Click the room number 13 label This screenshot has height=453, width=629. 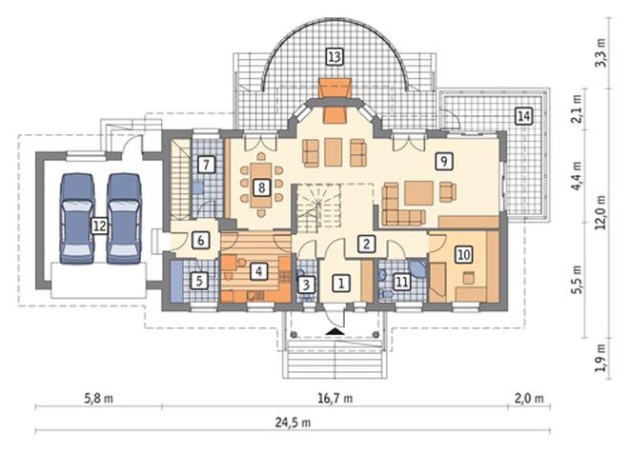pyautogui.click(x=335, y=56)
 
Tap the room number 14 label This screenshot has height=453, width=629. pyautogui.click(x=524, y=116)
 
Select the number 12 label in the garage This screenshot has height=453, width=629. pyautogui.click(x=99, y=226)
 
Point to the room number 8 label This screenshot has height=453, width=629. pyautogui.click(x=261, y=187)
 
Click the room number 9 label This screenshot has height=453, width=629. pyautogui.click(x=444, y=161)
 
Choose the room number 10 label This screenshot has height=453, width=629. pyautogui.click(x=464, y=254)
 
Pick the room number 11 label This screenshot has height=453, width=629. pyautogui.click(x=402, y=282)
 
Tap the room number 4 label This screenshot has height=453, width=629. pyautogui.click(x=258, y=272)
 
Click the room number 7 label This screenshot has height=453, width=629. pyautogui.click(x=206, y=165)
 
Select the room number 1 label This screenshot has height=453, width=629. pyautogui.click(x=341, y=284)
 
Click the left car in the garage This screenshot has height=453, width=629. pyautogui.click(x=77, y=218)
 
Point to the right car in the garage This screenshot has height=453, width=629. pyautogui.click(x=124, y=218)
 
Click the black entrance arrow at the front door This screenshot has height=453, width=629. pyautogui.click(x=335, y=331)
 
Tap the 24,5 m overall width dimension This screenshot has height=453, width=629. pyautogui.click(x=293, y=423)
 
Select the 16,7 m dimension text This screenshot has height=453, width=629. pyautogui.click(x=335, y=398)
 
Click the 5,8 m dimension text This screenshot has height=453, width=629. pyautogui.click(x=98, y=398)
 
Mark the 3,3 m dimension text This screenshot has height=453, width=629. pyautogui.click(x=600, y=53)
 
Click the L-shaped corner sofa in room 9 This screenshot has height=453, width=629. pyautogui.click(x=402, y=205)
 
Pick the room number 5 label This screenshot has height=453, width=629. pyautogui.click(x=199, y=281)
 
